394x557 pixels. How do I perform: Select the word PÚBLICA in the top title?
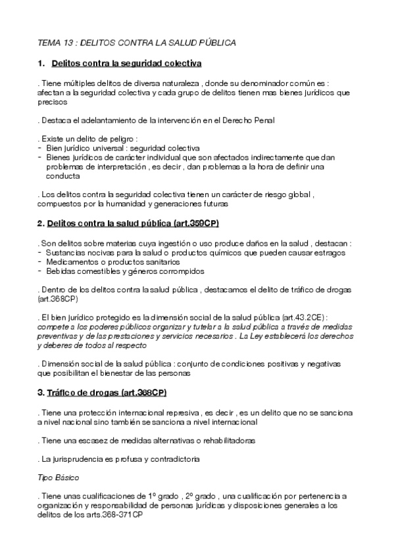216,43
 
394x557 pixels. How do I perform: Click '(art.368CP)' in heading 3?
141,393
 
